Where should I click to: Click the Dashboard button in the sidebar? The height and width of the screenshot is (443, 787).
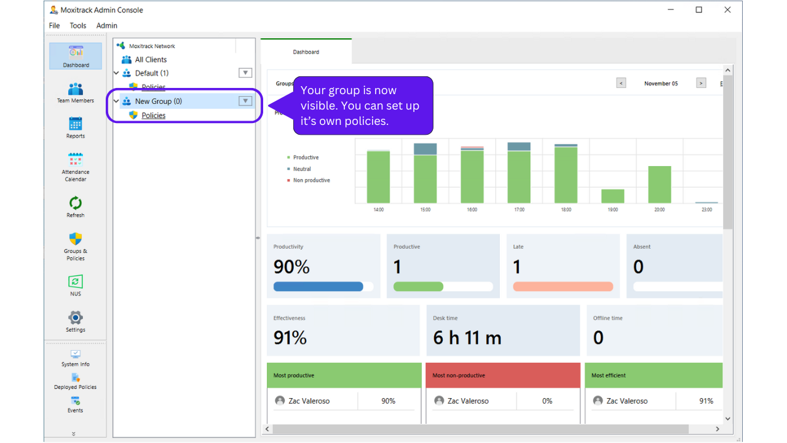tap(76, 56)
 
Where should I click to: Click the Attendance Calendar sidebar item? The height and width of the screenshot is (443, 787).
tap(76, 167)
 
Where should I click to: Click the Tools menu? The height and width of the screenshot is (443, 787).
tap(78, 25)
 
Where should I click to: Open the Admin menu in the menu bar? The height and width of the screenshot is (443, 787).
tap(106, 25)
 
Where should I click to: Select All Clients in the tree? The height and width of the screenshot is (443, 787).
tap(151, 60)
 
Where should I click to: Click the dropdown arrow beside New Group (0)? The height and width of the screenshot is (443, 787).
tap(245, 101)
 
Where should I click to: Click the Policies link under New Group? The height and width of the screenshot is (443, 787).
tap(154, 115)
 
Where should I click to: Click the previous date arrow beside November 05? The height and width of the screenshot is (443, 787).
tap(621, 83)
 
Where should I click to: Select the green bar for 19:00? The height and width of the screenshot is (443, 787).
tap(612, 196)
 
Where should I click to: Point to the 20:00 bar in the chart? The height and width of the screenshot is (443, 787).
tap(660, 185)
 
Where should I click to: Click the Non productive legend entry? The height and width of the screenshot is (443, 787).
tap(311, 180)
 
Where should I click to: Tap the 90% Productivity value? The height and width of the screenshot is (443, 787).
tap(291, 266)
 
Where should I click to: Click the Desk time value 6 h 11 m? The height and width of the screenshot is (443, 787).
tap(467, 338)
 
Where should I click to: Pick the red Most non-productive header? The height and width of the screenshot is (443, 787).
tap(502, 375)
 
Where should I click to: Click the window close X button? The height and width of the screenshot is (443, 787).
tap(727, 10)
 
